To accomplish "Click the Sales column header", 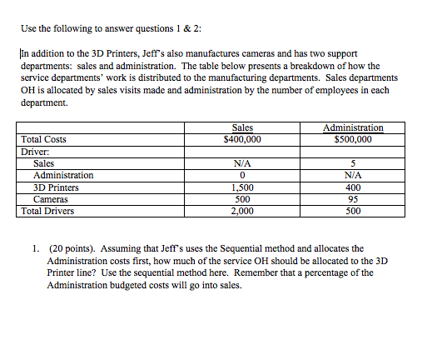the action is coord(242,127).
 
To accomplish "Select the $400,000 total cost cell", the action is coord(242,139).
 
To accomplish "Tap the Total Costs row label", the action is coord(44,139).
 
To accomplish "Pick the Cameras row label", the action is coord(52,199).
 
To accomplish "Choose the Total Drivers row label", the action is coord(48,211).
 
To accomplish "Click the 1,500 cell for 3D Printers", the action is coord(242,187).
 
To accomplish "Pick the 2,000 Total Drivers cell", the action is coord(242,211).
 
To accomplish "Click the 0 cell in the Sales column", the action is coord(242,175).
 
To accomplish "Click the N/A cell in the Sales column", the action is coord(242,163).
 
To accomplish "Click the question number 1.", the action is coord(36,248).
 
